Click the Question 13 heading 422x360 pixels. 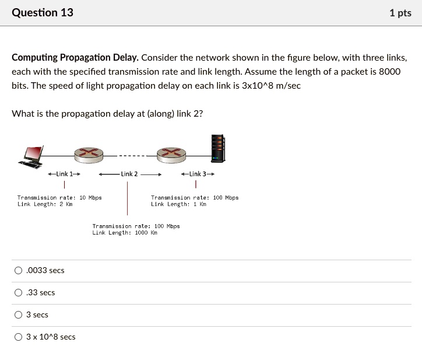pos(43,12)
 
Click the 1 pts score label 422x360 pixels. pos(400,13)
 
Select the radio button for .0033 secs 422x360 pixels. pos(19,270)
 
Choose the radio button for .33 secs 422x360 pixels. pos(19,292)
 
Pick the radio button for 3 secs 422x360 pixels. pos(19,314)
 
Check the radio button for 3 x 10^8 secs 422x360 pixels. pos(19,337)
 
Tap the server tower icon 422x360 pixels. pos(217,148)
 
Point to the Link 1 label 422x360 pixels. pos(64,174)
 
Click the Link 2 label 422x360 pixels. pos(129,174)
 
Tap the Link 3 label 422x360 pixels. pos(198,174)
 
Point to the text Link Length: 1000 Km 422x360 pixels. pos(125,233)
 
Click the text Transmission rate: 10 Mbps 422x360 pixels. pos(59,198)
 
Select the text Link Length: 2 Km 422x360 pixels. pos(45,204)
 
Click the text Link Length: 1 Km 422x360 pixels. pos(178,204)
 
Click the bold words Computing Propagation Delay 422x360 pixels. pos(75,58)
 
